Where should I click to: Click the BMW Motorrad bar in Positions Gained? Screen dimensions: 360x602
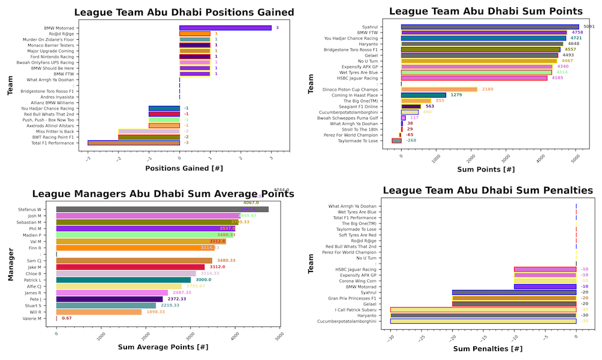225,28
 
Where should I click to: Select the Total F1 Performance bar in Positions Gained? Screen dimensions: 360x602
134,143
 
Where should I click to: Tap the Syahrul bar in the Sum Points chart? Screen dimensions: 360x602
490,26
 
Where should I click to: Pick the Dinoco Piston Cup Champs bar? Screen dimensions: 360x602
439,89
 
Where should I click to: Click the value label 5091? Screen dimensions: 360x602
589,26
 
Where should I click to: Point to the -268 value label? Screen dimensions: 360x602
411,140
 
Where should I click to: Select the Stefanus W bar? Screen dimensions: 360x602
163,209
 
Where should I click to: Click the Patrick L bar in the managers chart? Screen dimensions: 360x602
123,279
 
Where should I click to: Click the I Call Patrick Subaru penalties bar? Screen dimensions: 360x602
483,308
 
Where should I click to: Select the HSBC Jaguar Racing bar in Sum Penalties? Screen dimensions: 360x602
545,269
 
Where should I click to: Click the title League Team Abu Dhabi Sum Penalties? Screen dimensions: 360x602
488,190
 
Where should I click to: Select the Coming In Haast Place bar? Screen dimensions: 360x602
423,95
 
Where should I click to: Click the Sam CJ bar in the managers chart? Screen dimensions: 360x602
134,260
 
